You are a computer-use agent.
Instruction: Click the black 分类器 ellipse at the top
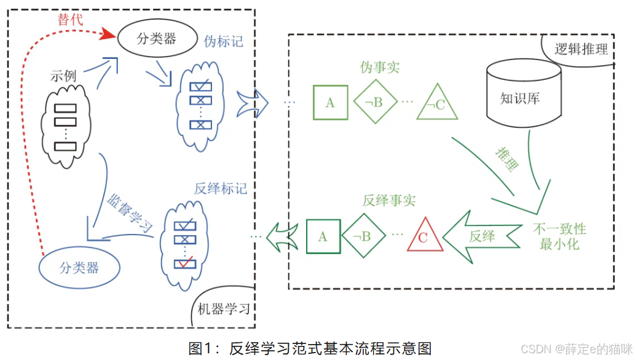point(156,39)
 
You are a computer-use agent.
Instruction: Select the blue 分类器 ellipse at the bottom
point(79,268)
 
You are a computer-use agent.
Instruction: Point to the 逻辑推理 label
point(580,49)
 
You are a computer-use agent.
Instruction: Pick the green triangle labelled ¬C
point(436,103)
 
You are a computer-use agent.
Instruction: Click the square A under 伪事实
point(330,102)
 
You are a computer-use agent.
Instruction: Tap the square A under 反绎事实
point(323,237)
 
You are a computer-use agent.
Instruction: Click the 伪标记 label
point(223,42)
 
